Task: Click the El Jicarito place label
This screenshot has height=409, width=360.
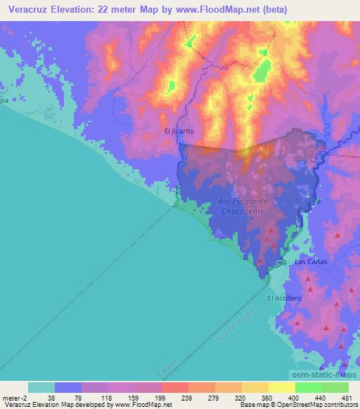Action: pyautogui.click(x=179, y=131)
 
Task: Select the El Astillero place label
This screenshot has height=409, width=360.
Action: pyautogui.click(x=284, y=298)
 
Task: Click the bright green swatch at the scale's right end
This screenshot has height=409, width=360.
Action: pyautogui.click(x=335, y=387)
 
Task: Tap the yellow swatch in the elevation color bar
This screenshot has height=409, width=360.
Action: pyautogui.click(x=281, y=387)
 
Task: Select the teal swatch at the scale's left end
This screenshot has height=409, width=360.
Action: pyautogui.click(x=41, y=387)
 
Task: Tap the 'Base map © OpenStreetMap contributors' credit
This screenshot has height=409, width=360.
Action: pyautogui.click(x=297, y=405)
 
